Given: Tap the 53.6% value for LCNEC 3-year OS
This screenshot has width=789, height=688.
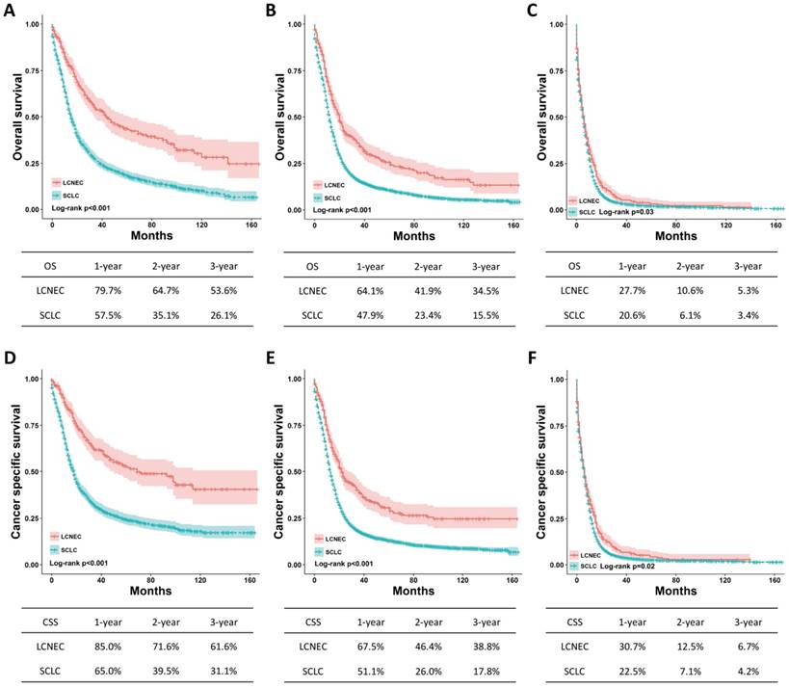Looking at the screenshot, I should (x=229, y=287).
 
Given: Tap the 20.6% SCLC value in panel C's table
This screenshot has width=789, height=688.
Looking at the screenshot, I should (x=637, y=315).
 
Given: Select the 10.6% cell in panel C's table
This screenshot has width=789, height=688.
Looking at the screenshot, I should (x=696, y=287).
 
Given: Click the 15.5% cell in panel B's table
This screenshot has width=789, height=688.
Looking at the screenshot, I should (x=490, y=315).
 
